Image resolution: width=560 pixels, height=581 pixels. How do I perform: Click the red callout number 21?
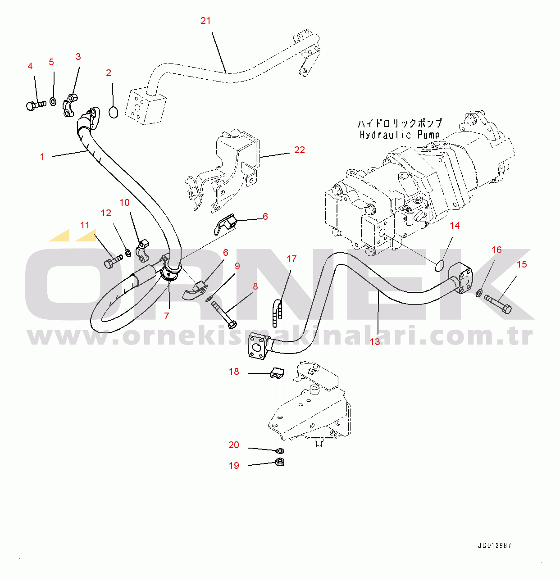tap(205, 21)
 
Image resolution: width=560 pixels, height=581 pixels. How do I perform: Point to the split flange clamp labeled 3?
tap(70, 105)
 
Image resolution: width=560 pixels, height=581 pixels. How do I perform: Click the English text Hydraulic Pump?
tap(399, 135)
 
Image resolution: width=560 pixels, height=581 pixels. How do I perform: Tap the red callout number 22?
tap(299, 150)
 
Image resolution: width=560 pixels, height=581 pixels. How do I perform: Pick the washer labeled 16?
tap(479, 293)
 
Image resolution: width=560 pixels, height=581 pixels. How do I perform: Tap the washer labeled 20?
tap(279, 450)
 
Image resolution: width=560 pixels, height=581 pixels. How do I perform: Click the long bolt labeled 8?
tap(223, 314)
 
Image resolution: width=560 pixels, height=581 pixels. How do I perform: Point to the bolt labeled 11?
tap(112, 262)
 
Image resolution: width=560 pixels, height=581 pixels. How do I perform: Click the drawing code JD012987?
tap(494, 545)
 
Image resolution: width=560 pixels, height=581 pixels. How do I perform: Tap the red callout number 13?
tap(375, 342)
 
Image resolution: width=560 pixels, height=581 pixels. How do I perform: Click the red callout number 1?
tap(42, 157)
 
